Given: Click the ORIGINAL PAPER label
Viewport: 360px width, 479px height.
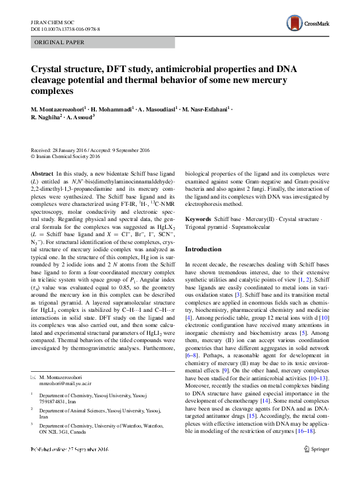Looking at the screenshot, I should click(60, 42).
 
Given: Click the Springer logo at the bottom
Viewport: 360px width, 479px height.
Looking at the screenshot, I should click(317, 466).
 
